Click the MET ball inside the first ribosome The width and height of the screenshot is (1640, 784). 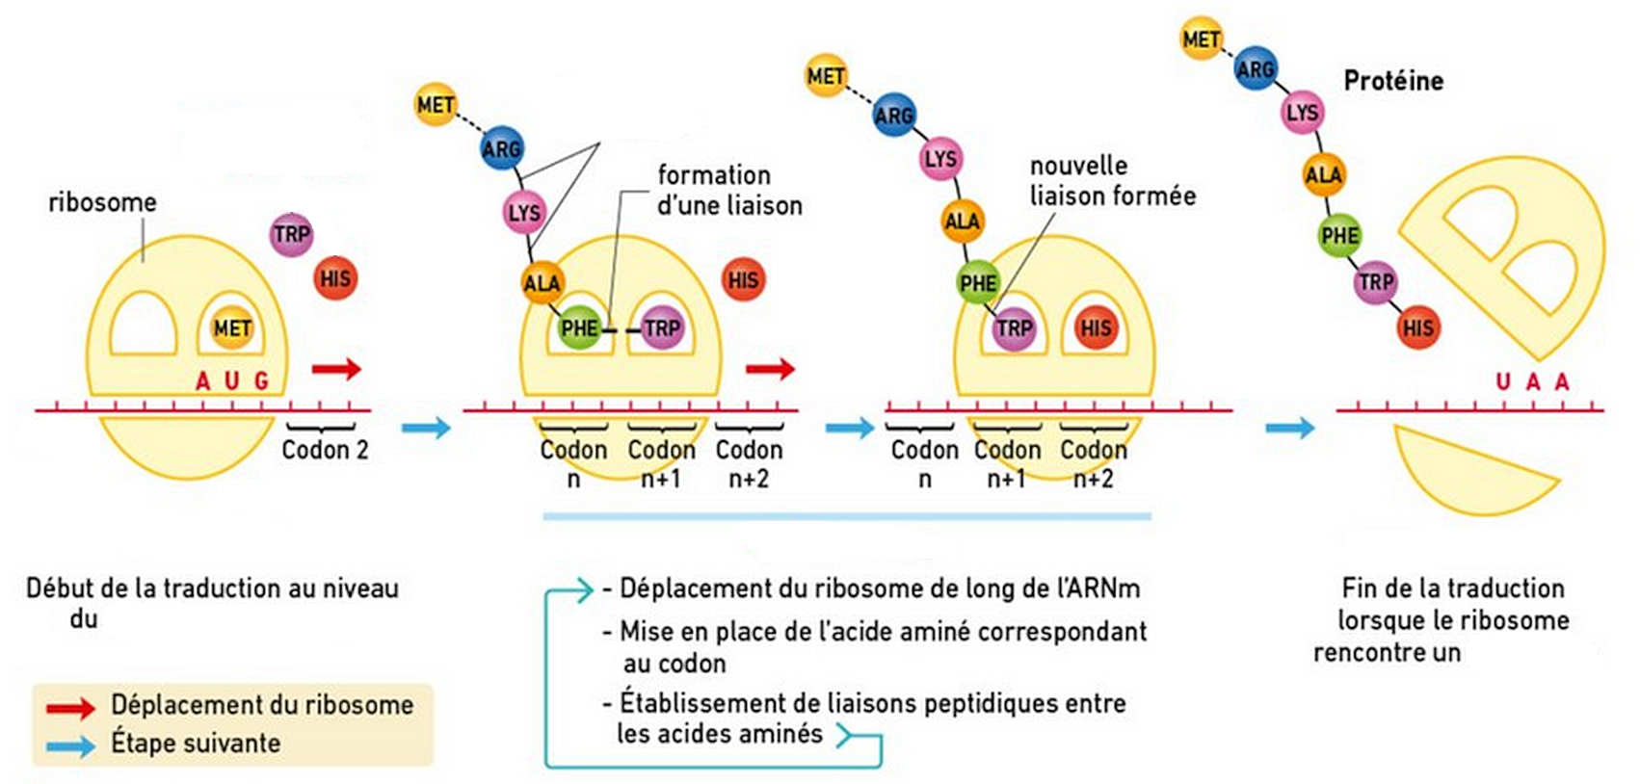(x=232, y=327)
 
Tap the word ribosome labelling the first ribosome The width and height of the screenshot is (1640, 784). (x=102, y=202)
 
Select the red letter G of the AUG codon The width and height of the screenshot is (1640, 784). (x=261, y=380)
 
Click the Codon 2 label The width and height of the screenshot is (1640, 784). (x=325, y=450)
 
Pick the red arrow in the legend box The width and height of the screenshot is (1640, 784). (x=70, y=708)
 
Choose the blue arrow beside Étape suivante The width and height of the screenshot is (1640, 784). (x=70, y=745)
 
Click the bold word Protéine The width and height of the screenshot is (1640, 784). (x=1393, y=81)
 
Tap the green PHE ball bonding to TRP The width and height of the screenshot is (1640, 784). (x=579, y=327)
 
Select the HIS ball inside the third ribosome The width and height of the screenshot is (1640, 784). (x=1096, y=327)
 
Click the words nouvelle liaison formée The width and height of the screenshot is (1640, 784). (x=1113, y=181)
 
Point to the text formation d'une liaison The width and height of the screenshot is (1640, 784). (x=729, y=191)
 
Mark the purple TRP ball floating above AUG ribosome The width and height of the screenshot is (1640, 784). (x=291, y=234)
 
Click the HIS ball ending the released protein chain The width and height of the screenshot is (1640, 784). (x=1418, y=327)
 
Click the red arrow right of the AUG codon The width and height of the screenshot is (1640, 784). (x=337, y=368)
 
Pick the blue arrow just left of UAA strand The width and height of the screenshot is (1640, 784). (x=1290, y=428)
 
